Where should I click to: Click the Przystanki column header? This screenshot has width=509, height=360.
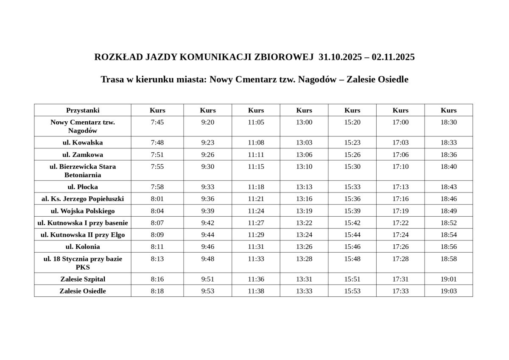click(x=83, y=110)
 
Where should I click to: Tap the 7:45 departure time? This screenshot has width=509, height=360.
click(x=157, y=122)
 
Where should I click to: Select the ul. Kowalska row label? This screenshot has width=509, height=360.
click(x=83, y=142)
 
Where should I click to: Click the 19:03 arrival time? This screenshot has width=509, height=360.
click(x=448, y=291)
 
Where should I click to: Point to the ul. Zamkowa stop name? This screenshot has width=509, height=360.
click(x=83, y=154)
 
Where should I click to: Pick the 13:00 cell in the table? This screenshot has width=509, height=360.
click(x=304, y=122)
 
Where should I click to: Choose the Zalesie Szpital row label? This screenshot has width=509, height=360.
click(x=83, y=279)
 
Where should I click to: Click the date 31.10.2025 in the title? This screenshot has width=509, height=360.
click(x=339, y=57)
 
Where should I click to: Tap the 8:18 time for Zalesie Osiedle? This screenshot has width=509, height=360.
click(x=157, y=291)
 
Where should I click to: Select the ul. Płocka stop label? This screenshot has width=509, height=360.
click(x=83, y=187)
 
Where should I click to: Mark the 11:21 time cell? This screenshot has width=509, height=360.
click(x=256, y=198)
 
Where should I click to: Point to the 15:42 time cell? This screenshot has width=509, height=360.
click(x=352, y=223)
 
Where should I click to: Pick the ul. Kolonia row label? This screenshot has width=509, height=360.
click(x=83, y=246)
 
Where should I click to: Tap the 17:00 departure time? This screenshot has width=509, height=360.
click(x=400, y=122)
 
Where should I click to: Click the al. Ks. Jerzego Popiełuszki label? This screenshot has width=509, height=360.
click(x=83, y=198)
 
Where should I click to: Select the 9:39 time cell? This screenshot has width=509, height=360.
click(x=207, y=211)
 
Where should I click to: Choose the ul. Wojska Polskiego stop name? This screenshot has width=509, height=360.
click(x=83, y=211)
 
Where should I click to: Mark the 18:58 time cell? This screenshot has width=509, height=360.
click(x=448, y=259)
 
